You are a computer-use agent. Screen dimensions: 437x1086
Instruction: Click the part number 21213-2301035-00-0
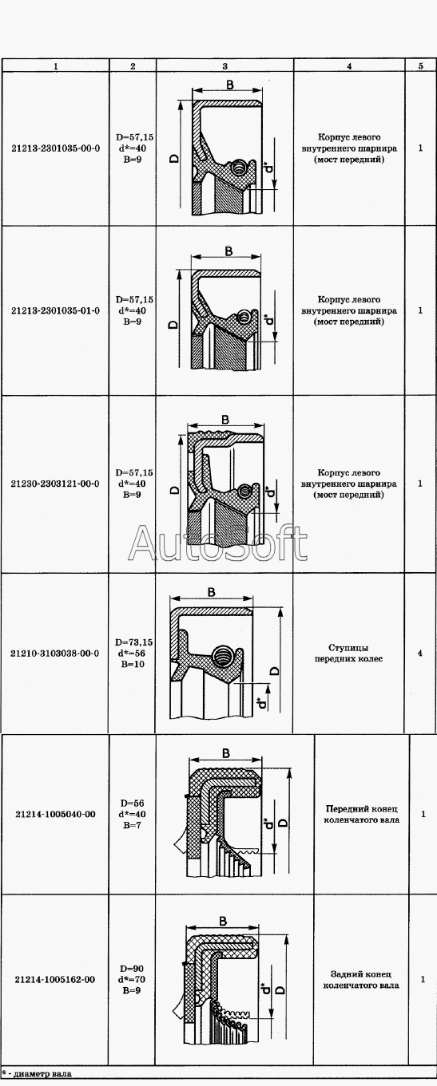55,148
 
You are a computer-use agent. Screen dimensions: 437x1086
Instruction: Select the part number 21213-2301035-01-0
55,310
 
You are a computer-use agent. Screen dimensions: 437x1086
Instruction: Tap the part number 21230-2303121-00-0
55,484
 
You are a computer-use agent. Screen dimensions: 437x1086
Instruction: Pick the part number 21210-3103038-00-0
55,653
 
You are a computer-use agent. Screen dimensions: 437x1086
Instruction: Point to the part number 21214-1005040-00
55,814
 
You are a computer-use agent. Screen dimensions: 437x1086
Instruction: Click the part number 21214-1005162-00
55,979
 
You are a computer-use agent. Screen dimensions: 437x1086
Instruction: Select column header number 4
349,66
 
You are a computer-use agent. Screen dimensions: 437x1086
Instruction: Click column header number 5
420,66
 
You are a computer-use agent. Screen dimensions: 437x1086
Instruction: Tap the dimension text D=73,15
133,642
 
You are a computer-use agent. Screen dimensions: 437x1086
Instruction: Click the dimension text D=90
133,969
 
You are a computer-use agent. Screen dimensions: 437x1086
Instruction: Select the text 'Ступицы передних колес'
348,653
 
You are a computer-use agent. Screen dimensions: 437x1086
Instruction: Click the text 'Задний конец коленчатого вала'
361,979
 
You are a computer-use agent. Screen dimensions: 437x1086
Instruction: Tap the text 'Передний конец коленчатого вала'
361,814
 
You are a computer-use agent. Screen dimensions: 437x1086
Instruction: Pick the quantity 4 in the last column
420,653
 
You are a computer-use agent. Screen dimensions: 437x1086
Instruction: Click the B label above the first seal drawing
230,85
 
